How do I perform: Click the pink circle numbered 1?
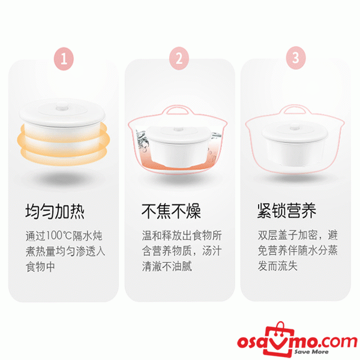64,59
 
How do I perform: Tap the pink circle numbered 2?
179,58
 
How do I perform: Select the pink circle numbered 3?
296,58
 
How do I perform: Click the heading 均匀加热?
55,211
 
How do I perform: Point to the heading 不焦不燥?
171,211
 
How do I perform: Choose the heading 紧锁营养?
287,211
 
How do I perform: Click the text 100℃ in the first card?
59,236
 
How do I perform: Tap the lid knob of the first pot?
62,106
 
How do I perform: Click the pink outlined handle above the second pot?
177,109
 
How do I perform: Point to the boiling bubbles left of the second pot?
142,140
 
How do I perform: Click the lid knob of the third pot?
295,128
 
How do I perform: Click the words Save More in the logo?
311,352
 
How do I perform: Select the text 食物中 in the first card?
40,267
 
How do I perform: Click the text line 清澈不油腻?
167,266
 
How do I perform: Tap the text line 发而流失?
278,266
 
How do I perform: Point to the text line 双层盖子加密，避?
298,235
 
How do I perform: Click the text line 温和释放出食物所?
182,236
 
